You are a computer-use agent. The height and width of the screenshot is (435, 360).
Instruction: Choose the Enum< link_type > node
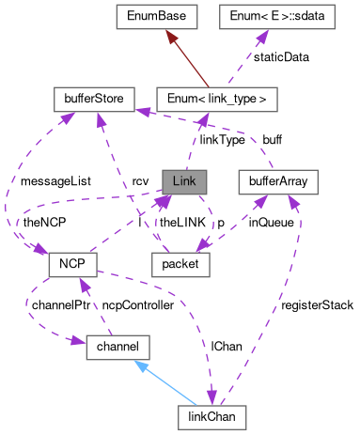click(216, 97)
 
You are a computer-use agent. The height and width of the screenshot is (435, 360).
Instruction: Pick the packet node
click(180, 264)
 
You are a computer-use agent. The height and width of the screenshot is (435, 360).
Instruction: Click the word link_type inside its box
click(231, 97)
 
